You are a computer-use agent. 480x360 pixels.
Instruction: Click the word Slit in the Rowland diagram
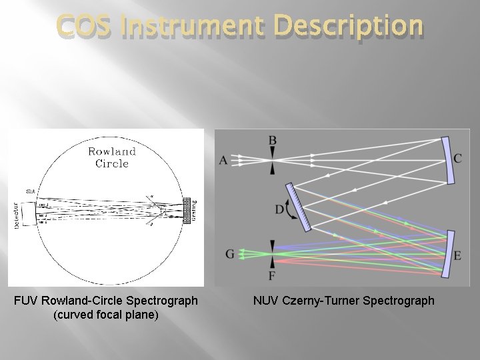click(31, 191)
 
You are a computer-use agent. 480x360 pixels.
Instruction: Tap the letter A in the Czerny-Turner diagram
click(223, 161)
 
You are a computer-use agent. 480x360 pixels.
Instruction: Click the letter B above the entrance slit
click(272, 141)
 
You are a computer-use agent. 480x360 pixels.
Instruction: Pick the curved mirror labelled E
click(449, 253)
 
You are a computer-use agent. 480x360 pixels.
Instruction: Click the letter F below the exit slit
click(271, 275)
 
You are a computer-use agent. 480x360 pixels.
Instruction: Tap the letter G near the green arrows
click(230, 254)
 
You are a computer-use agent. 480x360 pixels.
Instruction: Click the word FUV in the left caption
click(27, 301)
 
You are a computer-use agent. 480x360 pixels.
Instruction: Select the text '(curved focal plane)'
click(105, 315)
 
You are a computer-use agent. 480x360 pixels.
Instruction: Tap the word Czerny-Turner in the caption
click(323, 301)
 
